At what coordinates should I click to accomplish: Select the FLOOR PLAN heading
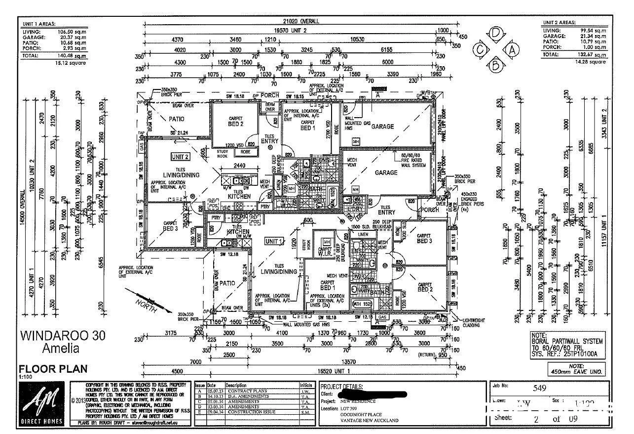53,368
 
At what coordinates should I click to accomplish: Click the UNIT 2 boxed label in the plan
180,157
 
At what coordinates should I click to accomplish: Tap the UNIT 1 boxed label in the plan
274,241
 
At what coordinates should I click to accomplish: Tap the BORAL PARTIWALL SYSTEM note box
567,345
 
